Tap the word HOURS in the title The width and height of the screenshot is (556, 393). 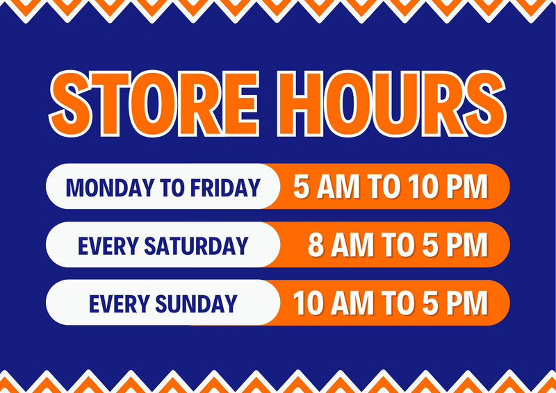(392, 103)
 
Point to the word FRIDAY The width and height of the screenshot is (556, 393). (225, 187)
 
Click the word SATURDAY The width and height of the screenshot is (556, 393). (196, 246)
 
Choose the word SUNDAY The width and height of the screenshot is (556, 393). (196, 303)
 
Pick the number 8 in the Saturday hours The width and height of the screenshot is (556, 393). (316, 245)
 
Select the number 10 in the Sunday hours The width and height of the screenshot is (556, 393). (309, 303)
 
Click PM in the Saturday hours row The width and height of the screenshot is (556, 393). (467, 245)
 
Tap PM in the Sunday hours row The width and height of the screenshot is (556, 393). (467, 303)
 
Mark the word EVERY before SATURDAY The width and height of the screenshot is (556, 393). (108, 246)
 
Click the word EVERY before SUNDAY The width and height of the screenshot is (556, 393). (119, 303)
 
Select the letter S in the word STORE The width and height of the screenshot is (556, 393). (69, 103)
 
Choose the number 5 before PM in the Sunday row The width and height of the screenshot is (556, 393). (430, 303)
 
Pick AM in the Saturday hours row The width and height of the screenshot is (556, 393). (352, 245)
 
